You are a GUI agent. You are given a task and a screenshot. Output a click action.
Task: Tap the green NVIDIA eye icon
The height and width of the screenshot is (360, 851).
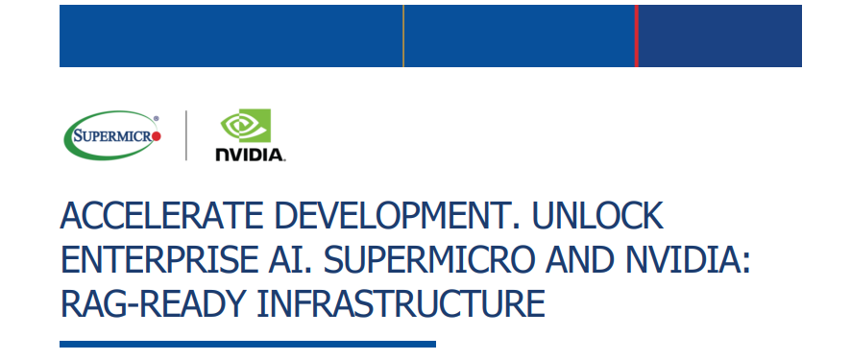(x=246, y=126)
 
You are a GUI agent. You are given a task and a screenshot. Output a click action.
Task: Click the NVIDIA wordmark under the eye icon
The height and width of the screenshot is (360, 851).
(x=249, y=154)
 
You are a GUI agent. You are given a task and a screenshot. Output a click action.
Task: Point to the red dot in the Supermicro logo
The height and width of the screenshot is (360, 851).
(x=158, y=136)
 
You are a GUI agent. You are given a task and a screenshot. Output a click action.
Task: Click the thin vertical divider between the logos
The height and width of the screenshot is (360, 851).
(x=186, y=135)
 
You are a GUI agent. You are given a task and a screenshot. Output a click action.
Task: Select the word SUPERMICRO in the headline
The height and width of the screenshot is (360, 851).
(x=431, y=261)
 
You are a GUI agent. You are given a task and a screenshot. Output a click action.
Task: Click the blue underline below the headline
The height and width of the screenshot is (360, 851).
(x=247, y=344)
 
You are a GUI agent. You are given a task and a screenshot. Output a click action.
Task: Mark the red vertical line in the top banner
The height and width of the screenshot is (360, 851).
(x=636, y=36)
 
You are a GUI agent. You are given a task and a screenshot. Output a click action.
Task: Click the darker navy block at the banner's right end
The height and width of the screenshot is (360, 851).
(x=719, y=36)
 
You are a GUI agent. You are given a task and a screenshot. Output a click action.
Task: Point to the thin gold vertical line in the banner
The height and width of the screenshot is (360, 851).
(x=403, y=36)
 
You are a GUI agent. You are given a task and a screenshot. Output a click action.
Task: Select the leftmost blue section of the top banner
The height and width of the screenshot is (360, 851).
(x=231, y=36)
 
